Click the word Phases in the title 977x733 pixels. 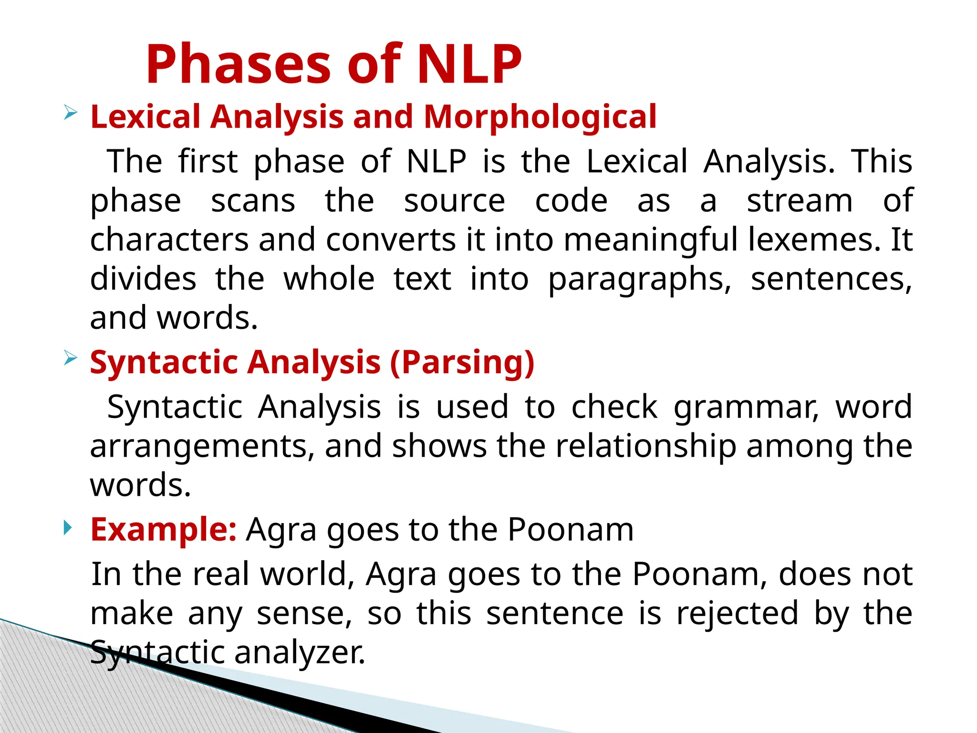[238, 64]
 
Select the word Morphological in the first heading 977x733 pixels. [540, 116]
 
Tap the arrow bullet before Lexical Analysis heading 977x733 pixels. [70, 113]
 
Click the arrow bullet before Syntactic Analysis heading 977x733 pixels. [70, 358]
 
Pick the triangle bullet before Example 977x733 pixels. [68, 528]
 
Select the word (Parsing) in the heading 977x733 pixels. [462, 362]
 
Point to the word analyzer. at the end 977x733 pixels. [300, 653]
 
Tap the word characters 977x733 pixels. [169, 240]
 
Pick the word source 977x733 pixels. [454, 200]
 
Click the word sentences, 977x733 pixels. [831, 280]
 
